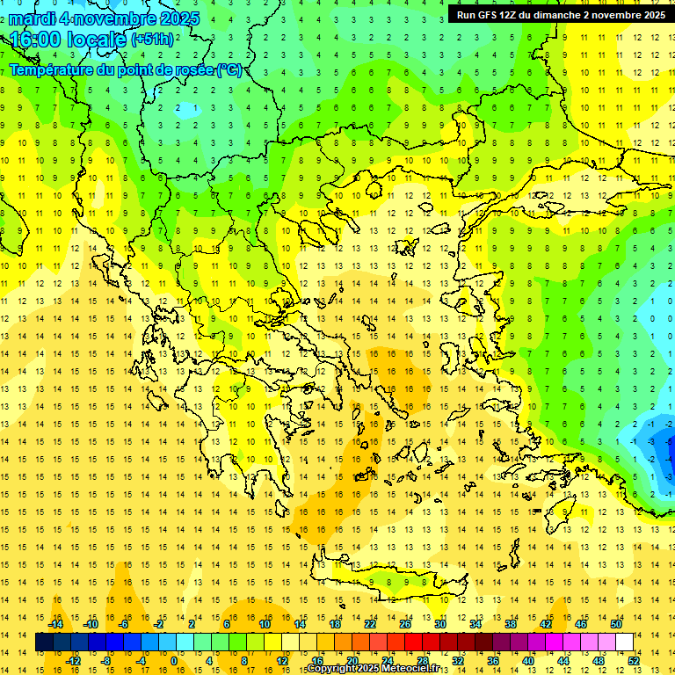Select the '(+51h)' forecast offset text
pos(152,40)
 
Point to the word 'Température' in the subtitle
pos(49,69)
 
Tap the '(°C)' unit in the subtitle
pos(229,69)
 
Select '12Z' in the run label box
pos(520,15)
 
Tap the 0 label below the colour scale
pos(174,661)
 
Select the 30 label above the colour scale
pos(439,623)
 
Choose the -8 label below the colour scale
pos(106,661)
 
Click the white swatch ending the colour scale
pos(624,642)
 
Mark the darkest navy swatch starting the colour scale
pos(44,642)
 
